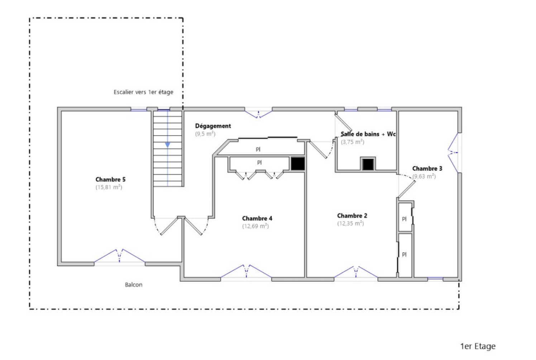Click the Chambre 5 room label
(x=110, y=179)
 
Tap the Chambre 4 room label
(x=257, y=218)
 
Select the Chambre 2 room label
(x=352, y=215)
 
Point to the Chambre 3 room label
(x=427, y=168)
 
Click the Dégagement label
(x=213, y=126)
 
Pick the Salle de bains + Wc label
(x=368, y=134)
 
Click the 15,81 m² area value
(x=109, y=187)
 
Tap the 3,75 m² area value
(x=353, y=142)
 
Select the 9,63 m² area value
(x=424, y=176)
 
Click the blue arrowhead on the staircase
(x=167, y=145)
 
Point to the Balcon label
(x=134, y=285)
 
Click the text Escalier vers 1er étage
(x=143, y=92)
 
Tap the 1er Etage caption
(x=478, y=346)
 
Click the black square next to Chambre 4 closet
(x=297, y=164)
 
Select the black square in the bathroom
(x=368, y=164)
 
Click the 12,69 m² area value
(x=255, y=226)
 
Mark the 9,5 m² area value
(x=205, y=134)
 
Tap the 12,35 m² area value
(x=350, y=223)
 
